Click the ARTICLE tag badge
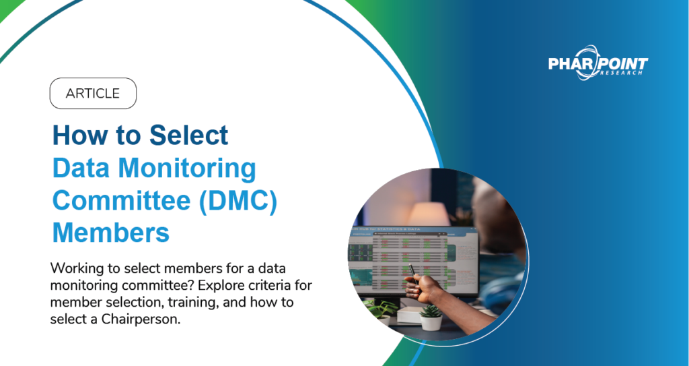click(x=93, y=94)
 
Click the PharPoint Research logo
click(x=598, y=65)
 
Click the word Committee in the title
click(x=118, y=201)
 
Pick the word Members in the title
click(x=111, y=233)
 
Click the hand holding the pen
click(x=428, y=288)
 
